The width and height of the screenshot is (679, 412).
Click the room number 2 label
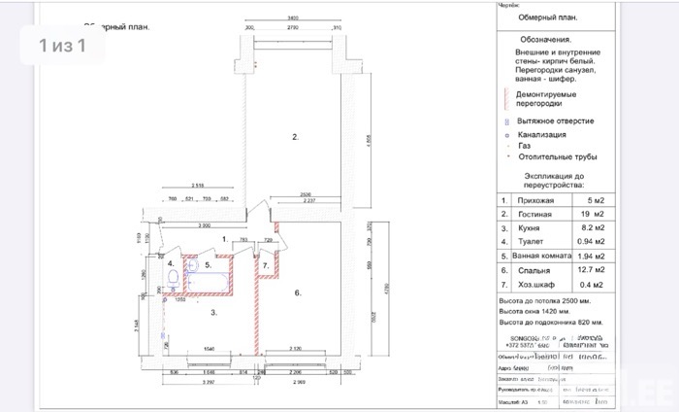click(295, 137)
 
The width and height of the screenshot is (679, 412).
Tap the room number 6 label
click(299, 292)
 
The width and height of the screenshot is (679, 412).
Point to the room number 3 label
click(212, 312)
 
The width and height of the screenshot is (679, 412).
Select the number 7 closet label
click(265, 264)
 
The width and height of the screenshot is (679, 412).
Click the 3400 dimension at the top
click(291, 19)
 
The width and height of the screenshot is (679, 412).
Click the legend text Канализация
click(544, 133)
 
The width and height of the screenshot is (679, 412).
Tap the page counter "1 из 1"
click(63, 45)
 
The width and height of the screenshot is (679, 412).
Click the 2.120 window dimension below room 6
click(302, 347)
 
